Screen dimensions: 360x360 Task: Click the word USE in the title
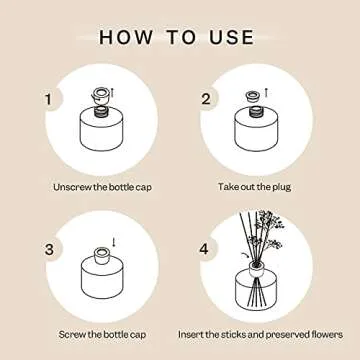[x=229, y=37]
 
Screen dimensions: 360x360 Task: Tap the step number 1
[x=47, y=99]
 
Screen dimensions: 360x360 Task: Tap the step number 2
[x=205, y=99]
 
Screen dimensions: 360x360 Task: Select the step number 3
[x=47, y=247]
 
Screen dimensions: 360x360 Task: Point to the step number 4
[x=205, y=247]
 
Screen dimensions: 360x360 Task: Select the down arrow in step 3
[x=112, y=242]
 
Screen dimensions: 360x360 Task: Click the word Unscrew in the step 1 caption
[x=73, y=187]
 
